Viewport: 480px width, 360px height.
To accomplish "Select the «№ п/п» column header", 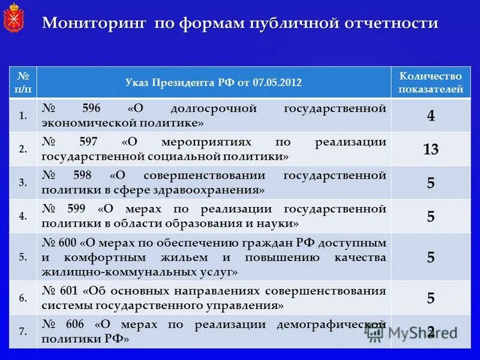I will (x=23, y=82).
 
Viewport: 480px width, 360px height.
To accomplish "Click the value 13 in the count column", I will (x=431, y=149).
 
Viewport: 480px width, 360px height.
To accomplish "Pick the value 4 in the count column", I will (x=431, y=116).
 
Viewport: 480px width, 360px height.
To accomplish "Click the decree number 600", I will (x=68, y=242).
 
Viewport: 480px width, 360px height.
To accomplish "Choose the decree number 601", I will (x=69, y=291).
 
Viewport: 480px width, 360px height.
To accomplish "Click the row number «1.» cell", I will (x=23, y=116).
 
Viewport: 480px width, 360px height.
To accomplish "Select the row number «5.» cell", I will (x=23, y=257).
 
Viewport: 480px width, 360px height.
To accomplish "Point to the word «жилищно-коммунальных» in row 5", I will (x=112, y=272).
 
